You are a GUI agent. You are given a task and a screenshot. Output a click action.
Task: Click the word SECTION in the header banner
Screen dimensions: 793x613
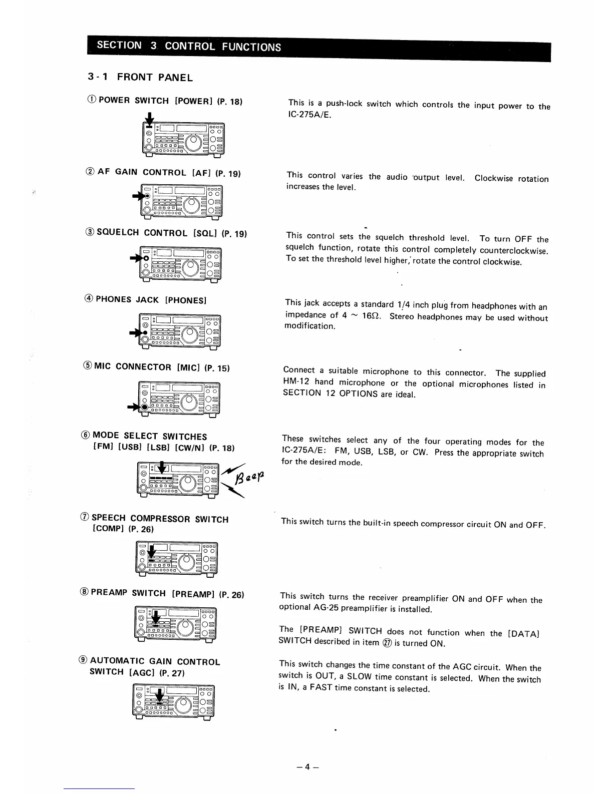tap(119, 45)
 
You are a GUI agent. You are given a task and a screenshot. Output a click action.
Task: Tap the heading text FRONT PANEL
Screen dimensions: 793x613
tap(155, 77)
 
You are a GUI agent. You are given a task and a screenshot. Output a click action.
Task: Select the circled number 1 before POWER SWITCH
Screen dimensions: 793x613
tap(92, 100)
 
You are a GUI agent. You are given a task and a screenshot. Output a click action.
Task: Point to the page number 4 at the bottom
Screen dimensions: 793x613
tap(307, 766)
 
